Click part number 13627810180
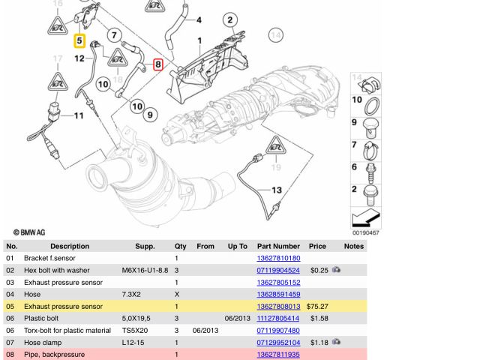click(278, 258)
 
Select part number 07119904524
click(278, 270)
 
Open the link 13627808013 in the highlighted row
click(278, 306)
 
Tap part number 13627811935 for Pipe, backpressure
click(278, 354)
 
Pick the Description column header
click(69, 246)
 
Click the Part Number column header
click(278, 246)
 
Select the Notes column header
click(354, 246)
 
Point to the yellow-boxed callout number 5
click(79, 40)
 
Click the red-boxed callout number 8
click(158, 65)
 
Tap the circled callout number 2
click(229, 20)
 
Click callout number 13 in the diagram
click(277, 190)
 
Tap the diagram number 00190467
click(366, 233)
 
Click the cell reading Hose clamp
click(44, 342)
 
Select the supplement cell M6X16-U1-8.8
click(145, 270)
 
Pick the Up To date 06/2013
click(237, 318)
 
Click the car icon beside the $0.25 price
click(337, 270)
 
